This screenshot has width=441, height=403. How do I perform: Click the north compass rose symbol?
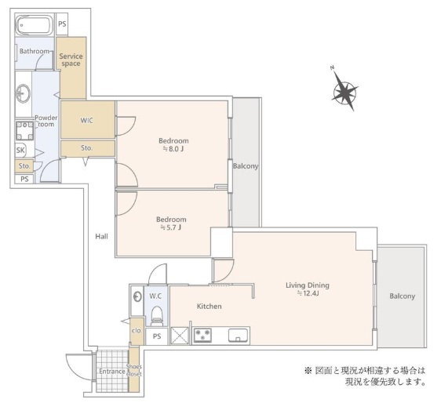[344, 93]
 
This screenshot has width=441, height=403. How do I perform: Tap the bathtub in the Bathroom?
[35, 24]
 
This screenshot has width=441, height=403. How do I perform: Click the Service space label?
[71, 60]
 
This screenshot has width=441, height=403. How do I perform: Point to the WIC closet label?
[87, 121]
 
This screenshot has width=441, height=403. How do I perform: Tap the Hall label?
[102, 236]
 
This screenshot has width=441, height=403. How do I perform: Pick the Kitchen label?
[209, 306]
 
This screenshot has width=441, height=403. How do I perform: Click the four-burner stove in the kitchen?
[202, 336]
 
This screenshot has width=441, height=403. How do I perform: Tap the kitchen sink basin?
[238, 336]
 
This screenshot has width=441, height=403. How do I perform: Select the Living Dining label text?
[307, 285]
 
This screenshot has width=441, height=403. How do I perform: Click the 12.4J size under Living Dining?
[307, 294]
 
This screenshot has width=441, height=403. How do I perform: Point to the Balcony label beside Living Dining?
[402, 296]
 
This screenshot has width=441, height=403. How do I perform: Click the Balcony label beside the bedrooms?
[245, 166]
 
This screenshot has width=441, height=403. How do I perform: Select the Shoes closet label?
[134, 370]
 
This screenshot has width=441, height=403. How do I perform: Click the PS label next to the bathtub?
[62, 24]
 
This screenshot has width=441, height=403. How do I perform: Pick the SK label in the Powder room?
[20, 151]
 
